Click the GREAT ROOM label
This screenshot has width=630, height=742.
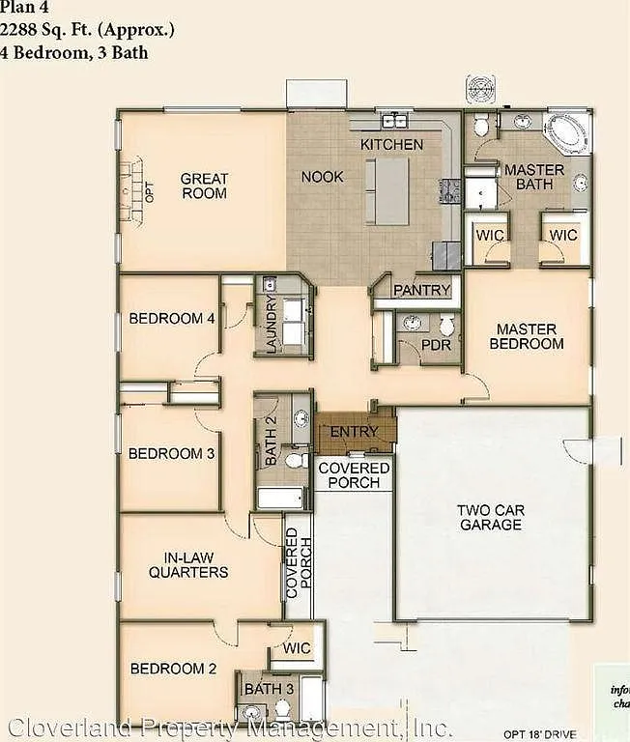click(204, 185)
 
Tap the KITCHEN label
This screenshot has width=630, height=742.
click(391, 144)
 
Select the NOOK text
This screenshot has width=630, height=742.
click(322, 177)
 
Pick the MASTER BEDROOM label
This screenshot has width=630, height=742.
click(527, 336)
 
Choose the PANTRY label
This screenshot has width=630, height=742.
click(421, 290)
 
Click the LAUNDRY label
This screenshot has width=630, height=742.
click(272, 326)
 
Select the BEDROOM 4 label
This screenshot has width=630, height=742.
click(172, 318)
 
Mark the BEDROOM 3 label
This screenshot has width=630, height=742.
click(171, 453)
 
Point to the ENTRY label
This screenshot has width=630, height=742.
click(354, 431)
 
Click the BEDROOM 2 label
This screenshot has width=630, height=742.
click(173, 669)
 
